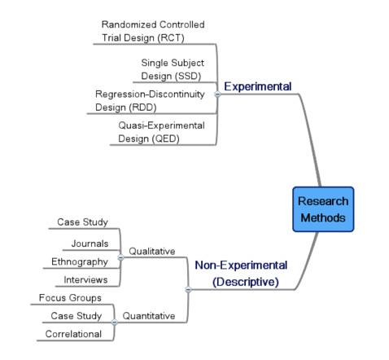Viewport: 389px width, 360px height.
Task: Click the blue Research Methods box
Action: click(323, 209)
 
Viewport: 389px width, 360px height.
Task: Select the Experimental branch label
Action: click(258, 86)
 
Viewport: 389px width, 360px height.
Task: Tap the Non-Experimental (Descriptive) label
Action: click(241, 274)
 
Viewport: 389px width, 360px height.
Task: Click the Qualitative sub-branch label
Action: click(152, 251)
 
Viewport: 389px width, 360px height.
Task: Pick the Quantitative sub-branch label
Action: click(149, 316)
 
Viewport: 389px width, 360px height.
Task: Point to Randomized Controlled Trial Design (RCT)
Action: click(153, 31)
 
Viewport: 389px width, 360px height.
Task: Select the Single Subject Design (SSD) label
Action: click(173, 69)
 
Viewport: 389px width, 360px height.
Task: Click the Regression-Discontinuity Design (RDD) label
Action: click(150, 101)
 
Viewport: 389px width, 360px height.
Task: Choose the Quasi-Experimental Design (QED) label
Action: click(161, 132)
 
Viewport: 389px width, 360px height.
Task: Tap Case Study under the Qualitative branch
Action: click(82, 222)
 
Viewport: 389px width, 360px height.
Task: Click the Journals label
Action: click(90, 244)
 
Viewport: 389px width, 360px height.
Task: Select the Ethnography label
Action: click(80, 261)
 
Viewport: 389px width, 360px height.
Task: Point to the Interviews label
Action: click(85, 279)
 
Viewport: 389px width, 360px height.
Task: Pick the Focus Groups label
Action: click(70, 298)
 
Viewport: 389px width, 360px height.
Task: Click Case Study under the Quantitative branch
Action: click(76, 316)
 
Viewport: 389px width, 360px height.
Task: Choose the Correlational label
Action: click(73, 334)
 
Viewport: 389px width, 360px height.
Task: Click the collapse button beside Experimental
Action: click(217, 94)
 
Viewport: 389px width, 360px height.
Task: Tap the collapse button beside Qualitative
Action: click(120, 257)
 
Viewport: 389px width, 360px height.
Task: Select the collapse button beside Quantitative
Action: click(115, 322)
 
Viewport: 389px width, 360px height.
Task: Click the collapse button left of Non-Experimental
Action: click(188, 289)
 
